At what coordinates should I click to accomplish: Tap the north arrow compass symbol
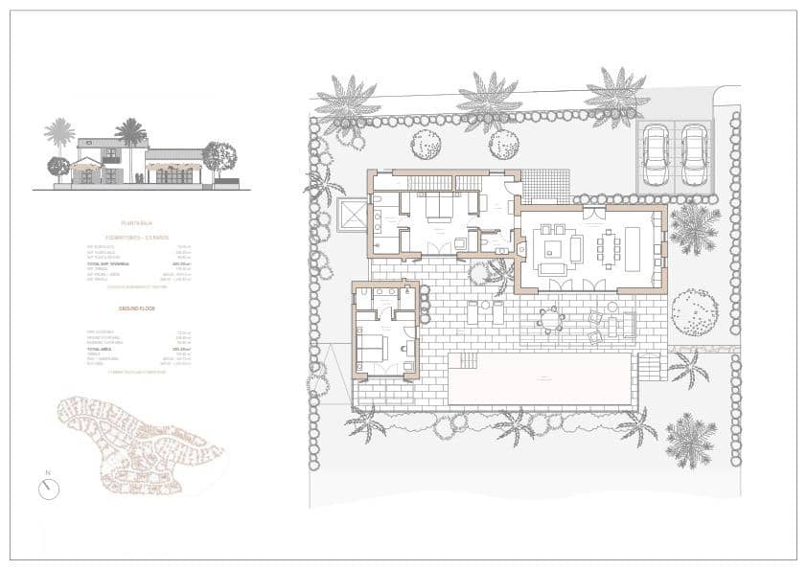point(49,489)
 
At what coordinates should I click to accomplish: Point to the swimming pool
point(540,378)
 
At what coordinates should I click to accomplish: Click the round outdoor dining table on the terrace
point(550,319)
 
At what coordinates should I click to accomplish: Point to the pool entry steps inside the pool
point(463,360)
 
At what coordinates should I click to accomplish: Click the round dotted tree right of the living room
point(694,311)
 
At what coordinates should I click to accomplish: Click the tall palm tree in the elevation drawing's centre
point(130,132)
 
